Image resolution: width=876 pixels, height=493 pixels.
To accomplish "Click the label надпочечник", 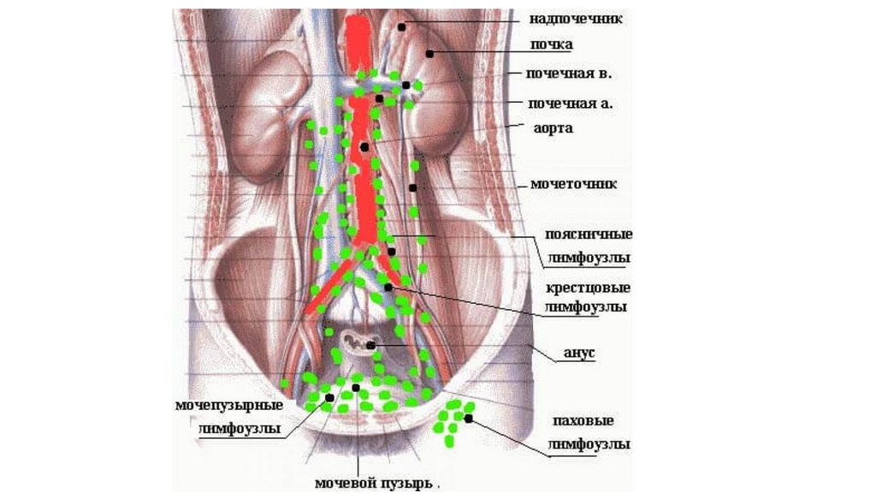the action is pos(575,17).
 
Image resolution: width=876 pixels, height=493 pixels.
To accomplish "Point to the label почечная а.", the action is pos(571,104).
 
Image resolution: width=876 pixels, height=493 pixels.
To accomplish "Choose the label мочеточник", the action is pos(573,184).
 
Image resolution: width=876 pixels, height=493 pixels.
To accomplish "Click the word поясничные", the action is pos(589,235).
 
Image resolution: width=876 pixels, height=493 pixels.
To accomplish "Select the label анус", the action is pos(578,352).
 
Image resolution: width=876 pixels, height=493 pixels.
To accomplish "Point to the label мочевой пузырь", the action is pos(373,483).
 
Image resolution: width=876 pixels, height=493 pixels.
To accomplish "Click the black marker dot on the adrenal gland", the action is pos(400,27).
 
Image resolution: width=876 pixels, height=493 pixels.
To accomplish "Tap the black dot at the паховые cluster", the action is pos(469,418).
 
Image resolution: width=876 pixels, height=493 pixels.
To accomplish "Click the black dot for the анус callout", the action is pos(371,346).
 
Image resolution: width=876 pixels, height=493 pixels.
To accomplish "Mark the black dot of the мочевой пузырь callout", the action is pos(356,388).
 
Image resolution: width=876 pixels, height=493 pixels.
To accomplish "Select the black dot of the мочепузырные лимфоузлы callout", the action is pos(329,398).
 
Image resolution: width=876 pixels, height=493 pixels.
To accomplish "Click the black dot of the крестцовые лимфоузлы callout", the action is pos(388,288).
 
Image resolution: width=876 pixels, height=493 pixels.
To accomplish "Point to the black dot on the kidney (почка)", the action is pos(431,53).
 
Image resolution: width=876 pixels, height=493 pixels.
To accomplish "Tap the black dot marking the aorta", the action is pos(364,147).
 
